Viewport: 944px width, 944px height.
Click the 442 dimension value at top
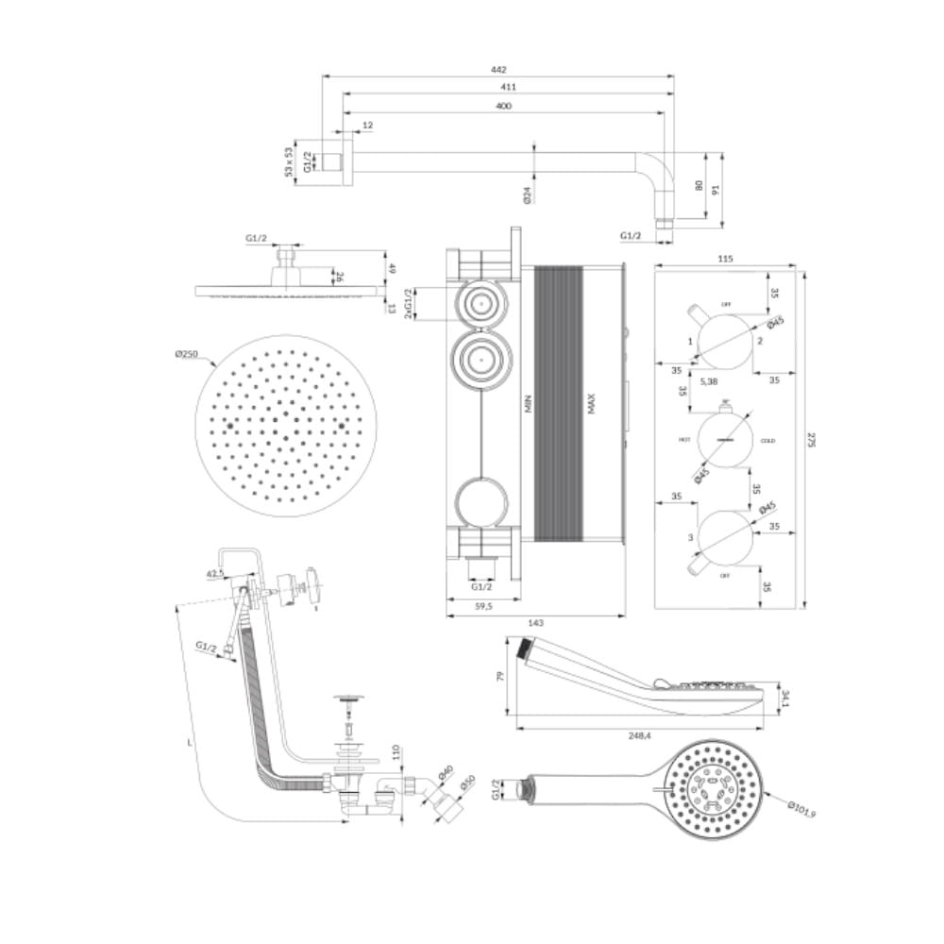tap(499, 69)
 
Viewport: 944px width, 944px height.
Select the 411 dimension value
tap(509, 87)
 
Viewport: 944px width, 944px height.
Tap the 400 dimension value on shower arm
tap(503, 106)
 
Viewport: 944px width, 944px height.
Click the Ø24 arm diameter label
tap(527, 194)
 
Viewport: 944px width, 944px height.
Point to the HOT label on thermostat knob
tap(684, 441)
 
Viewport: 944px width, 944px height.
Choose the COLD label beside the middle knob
tap(768, 441)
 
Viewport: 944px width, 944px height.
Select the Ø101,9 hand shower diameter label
tap(801, 809)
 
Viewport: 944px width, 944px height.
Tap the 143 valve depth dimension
tap(534, 622)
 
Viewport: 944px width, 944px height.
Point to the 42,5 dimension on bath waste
tap(215, 572)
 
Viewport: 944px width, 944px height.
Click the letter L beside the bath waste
tap(191, 744)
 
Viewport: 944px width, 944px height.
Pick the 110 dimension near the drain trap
tap(397, 752)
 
